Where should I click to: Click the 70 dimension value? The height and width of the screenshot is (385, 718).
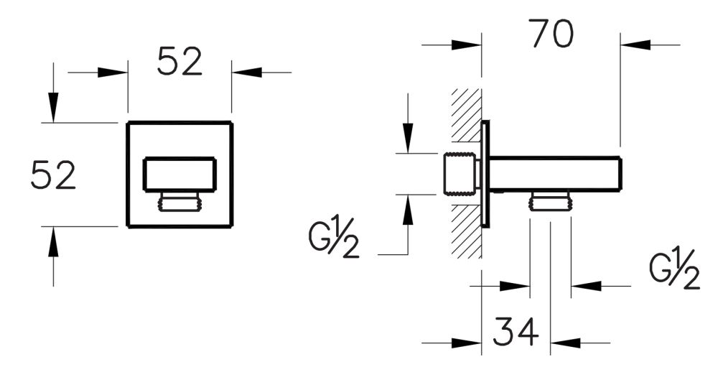pos(551,34)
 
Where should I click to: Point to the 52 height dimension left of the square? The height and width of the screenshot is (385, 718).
pos(53,175)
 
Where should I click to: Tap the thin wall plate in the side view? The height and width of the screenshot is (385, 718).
pos(486,174)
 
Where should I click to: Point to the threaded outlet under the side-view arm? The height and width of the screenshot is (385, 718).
pos(550,201)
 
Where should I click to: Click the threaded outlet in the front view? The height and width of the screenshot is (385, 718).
pos(179,203)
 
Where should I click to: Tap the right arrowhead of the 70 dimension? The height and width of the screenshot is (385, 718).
pos(636,45)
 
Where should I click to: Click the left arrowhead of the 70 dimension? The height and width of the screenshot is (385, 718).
pos(467,45)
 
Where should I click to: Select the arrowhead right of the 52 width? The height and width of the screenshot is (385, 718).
pos(246,72)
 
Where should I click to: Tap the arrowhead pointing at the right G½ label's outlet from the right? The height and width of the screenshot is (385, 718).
pos(586,286)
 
